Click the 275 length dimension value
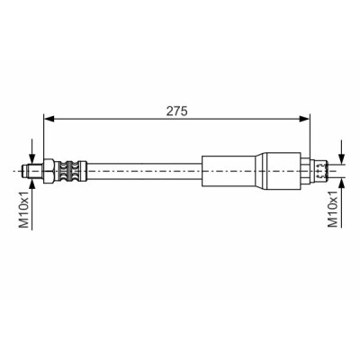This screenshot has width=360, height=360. coord(177,112)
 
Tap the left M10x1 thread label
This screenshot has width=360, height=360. coord(24,210)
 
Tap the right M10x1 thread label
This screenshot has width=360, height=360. coord(333,209)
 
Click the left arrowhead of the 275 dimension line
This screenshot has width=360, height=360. coord(49,119)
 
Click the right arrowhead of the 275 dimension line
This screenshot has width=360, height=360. coord(304,119)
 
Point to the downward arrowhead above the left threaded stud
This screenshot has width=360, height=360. coord(31,158)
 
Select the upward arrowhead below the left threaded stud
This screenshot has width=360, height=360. coord(31,183)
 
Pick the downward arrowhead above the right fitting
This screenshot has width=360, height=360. coord(341,158)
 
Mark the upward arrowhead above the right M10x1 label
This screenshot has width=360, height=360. coord(341,183)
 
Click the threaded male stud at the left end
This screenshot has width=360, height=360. coord(32,171)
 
